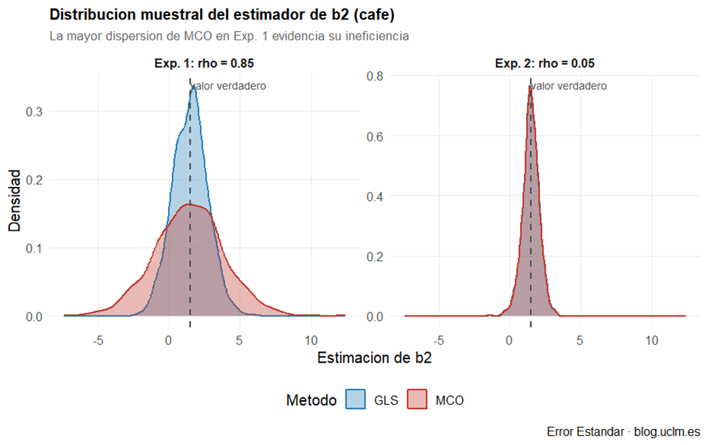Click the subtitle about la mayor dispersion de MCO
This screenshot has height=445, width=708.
point(230,35)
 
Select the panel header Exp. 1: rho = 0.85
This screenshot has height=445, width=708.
point(204,63)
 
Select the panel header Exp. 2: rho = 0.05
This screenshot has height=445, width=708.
point(545,63)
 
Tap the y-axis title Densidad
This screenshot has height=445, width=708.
point(15,200)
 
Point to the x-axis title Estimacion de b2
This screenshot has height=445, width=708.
point(374,358)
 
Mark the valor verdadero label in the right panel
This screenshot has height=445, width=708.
point(569,86)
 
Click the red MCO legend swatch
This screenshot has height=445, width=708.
point(417,400)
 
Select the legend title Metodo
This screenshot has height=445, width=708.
point(311,400)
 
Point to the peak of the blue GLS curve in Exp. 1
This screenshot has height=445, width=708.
point(194,85)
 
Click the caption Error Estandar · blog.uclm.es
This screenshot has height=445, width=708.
point(624,432)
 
